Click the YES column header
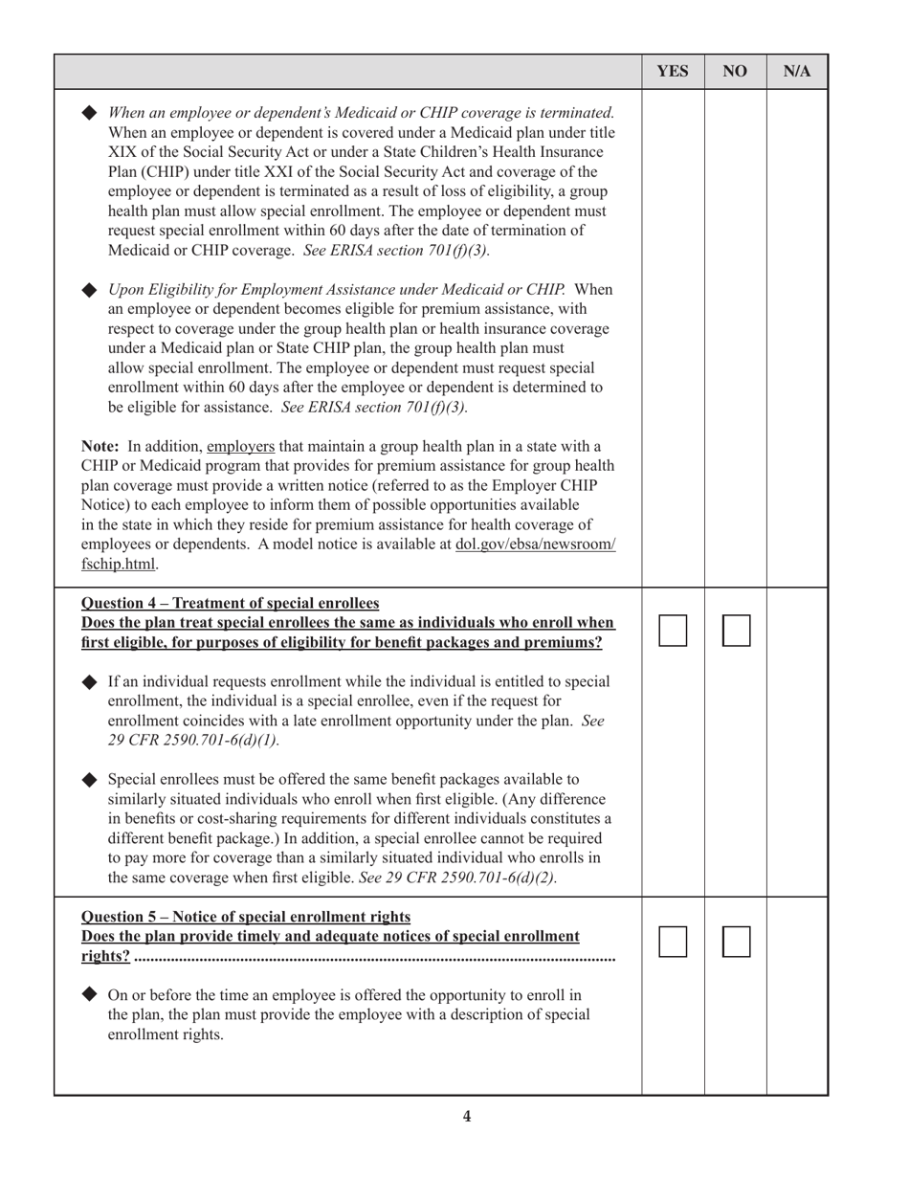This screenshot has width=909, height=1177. point(673,72)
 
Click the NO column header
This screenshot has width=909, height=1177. point(735,72)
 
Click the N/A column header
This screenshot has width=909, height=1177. point(797,72)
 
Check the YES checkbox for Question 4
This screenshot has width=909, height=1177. point(673,631)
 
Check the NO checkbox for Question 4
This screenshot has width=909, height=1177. point(736,631)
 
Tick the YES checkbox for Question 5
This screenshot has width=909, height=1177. point(673,942)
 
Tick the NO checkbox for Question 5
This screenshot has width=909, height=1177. point(736,942)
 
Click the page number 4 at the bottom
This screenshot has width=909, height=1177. point(467,1116)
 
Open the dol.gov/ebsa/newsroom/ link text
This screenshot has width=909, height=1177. point(536,544)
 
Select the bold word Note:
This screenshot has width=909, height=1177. point(100,446)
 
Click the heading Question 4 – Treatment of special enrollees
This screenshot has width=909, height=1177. point(230,603)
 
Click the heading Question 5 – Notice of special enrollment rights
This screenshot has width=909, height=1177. point(246,916)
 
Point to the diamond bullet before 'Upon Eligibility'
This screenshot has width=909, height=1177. point(90,290)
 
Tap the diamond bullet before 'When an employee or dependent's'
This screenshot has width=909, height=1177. point(90,112)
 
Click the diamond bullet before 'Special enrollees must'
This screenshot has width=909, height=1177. point(90,779)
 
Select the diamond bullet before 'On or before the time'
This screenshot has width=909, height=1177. point(90,994)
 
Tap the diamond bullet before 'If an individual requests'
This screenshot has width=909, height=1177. point(90,681)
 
